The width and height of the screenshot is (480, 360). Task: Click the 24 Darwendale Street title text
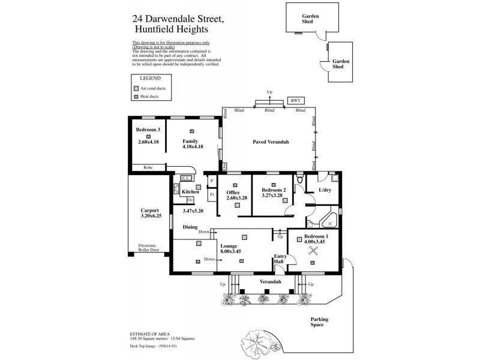pos(179,19)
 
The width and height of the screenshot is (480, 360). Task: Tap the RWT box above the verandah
pos(295,101)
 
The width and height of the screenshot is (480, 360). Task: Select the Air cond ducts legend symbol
pos(136,88)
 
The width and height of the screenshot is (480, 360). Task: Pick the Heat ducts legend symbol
pos(136,96)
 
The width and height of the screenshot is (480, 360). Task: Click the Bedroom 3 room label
pos(148,130)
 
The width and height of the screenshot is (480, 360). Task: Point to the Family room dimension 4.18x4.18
pos(193,146)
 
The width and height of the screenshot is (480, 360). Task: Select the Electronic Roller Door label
pos(148,248)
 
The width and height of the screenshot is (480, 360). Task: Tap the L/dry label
pos(325,190)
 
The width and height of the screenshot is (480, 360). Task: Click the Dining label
pos(190,227)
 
